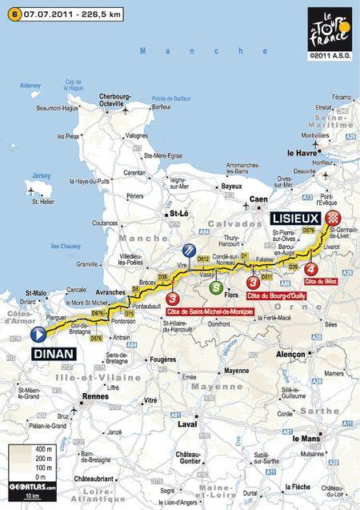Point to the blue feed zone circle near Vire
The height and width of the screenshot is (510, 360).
pos(188,250)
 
